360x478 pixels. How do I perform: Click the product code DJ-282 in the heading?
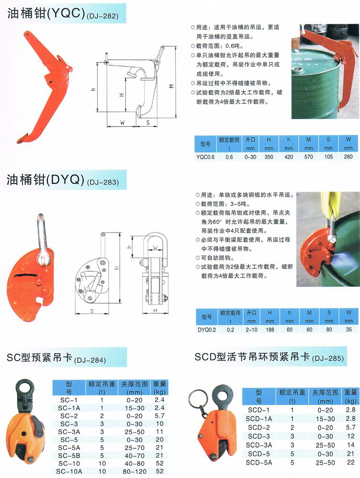coord(102,16)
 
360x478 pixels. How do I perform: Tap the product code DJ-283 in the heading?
coord(103,182)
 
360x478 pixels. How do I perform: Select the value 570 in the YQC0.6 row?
coord(308,157)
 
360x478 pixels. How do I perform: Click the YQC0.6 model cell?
coord(206,157)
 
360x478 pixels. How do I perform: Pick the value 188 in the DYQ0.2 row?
coord(270,329)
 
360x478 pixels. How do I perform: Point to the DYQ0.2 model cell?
coord(207,329)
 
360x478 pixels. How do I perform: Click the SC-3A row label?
coord(69,432)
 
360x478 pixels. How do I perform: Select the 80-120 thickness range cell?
coord(135,471)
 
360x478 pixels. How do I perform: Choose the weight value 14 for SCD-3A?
coord(351,445)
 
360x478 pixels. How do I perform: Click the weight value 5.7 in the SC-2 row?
coord(160,416)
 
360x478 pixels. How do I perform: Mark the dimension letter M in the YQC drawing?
coord(171,87)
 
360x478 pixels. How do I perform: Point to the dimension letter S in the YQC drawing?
coord(148,122)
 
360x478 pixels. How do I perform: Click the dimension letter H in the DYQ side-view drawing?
coord(117,268)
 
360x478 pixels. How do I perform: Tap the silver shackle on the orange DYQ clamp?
coord(43,241)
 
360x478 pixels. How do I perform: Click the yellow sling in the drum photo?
coord(329,204)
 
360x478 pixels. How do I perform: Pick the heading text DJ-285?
coord(328,358)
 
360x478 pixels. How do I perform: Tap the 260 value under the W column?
coord(348,157)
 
